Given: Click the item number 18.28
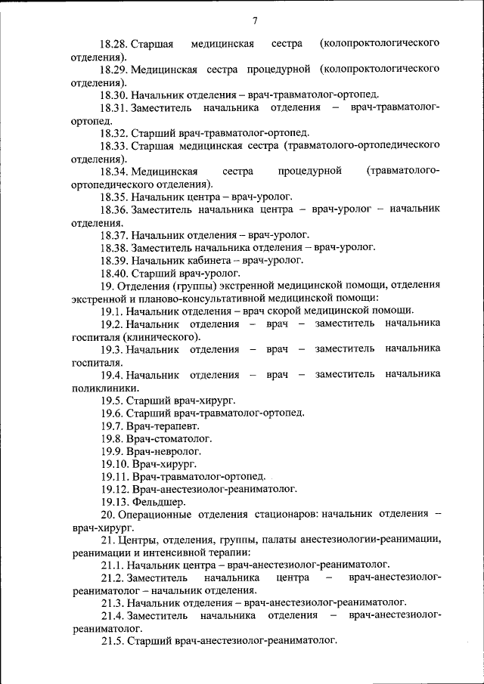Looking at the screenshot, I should [x=113, y=43].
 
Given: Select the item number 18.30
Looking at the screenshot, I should [x=113, y=95].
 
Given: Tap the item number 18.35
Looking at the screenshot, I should [x=113, y=196].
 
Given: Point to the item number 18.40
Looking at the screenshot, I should [x=113, y=273].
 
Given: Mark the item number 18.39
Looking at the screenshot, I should [x=113, y=260].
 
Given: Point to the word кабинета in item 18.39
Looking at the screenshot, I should [x=206, y=260].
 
